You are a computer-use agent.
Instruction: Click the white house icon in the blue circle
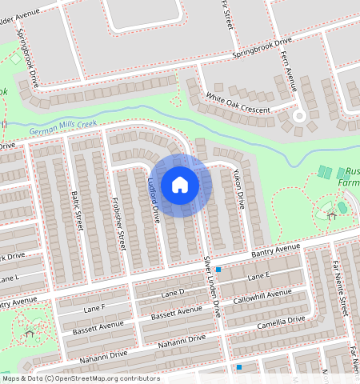pyautogui.click(x=180, y=186)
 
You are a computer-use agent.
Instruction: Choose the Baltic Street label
pyautogui.click(x=78, y=210)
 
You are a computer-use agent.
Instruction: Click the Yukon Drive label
pyautogui.click(x=238, y=190)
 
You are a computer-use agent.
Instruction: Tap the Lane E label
pyautogui.click(x=259, y=275)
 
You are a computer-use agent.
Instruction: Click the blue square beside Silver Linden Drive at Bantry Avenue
pyautogui.click(x=218, y=270)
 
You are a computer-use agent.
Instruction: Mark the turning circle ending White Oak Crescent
pyautogui.click(x=299, y=115)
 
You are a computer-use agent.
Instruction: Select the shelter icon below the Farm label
pyautogui.click(x=331, y=214)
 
